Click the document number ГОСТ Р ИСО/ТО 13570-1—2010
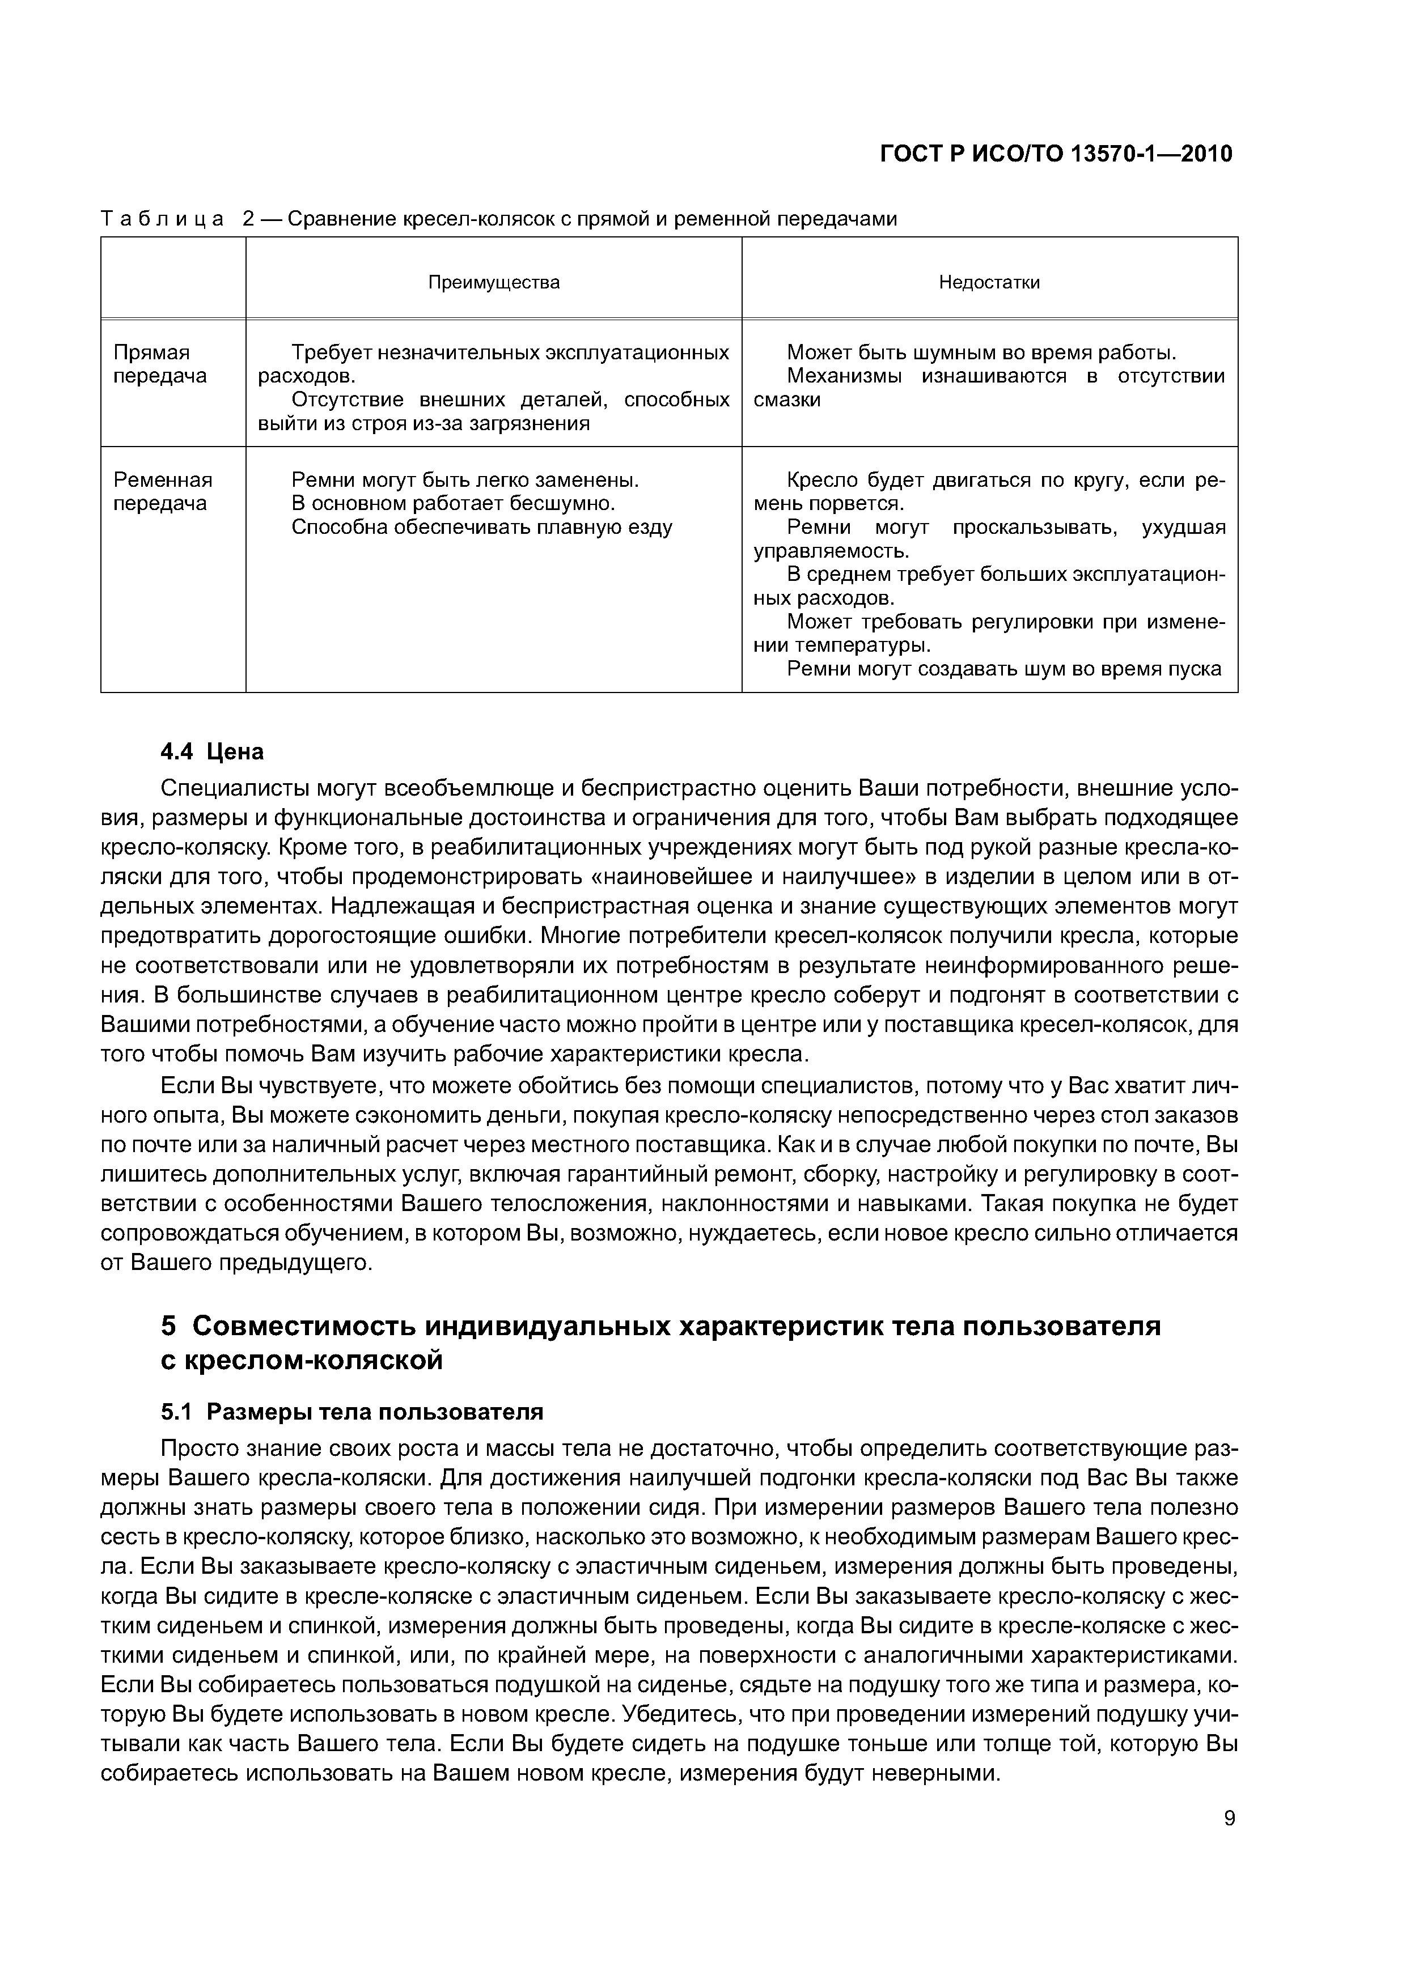tap(1055, 155)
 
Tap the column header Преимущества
tap(494, 282)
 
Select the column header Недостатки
tap(989, 282)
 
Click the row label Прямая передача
tap(161, 364)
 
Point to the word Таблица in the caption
tap(163, 219)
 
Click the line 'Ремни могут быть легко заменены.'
tap(465, 479)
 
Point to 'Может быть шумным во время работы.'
tap(981, 352)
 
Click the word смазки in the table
tap(786, 400)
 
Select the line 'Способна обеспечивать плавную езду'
tap(482, 527)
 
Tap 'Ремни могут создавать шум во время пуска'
tap(1004, 669)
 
